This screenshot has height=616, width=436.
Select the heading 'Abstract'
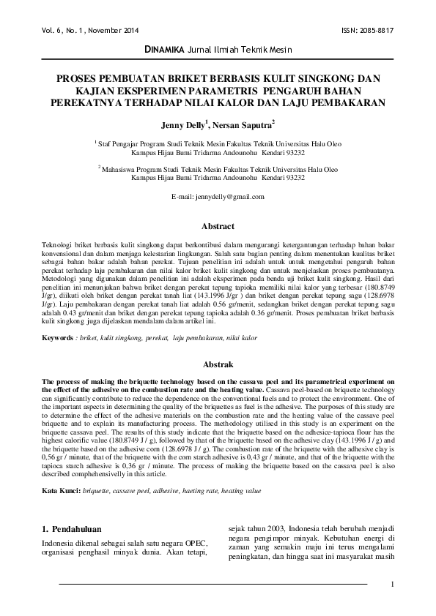click(218, 227)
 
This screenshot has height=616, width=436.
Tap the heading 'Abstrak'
click(218, 364)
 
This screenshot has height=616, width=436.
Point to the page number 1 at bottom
click(393, 584)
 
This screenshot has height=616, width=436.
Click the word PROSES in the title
click(82, 76)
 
